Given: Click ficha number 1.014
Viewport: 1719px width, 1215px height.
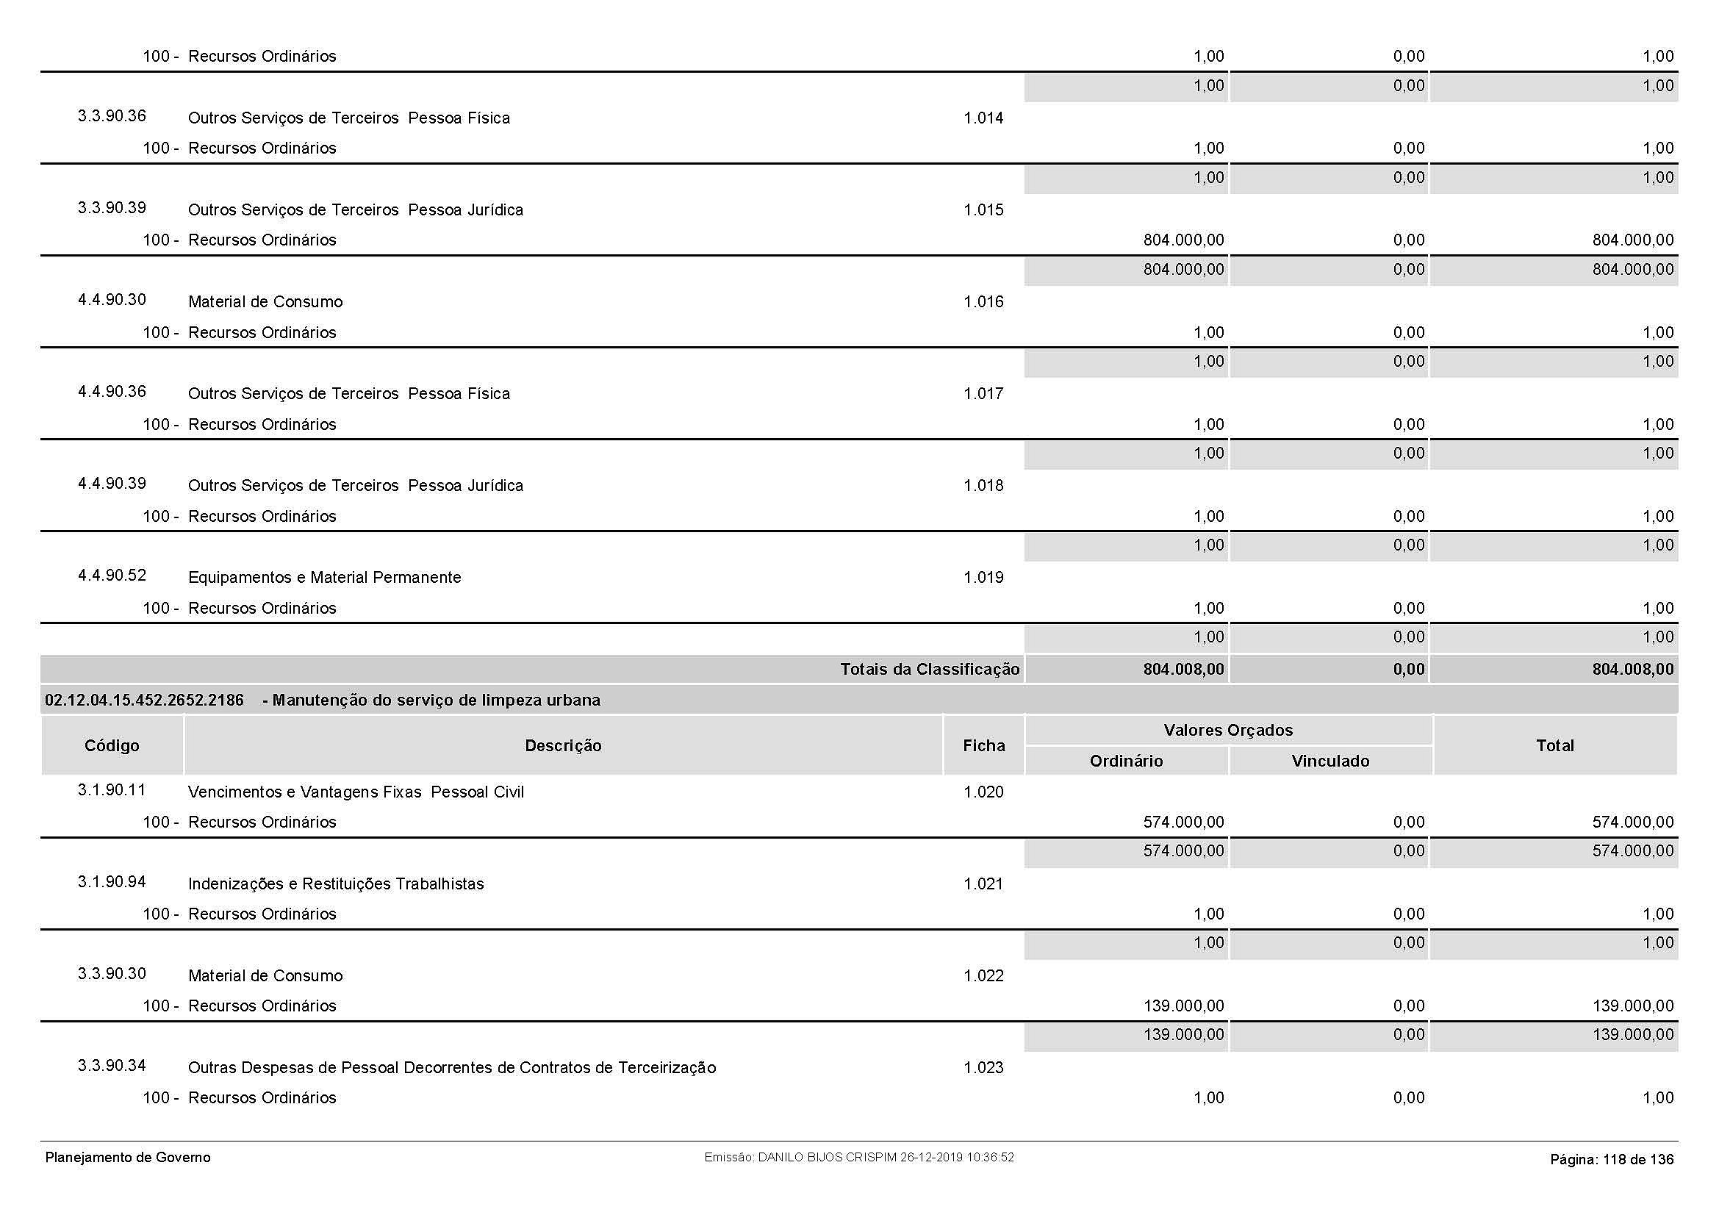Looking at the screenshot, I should (983, 118).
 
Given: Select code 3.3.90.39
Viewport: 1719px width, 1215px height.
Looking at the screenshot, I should (112, 208).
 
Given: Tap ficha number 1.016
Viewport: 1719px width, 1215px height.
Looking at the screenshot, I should (983, 302).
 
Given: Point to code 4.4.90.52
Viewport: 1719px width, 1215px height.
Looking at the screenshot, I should (112, 576).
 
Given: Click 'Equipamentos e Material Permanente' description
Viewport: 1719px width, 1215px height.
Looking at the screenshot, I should (324, 578).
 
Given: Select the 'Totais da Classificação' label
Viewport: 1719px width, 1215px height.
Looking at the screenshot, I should (929, 670).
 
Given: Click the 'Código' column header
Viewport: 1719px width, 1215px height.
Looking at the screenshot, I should (112, 745).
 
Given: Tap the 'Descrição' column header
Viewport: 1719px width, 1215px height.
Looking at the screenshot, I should (563, 745).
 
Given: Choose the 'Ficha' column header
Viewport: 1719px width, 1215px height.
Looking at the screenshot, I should (983, 745).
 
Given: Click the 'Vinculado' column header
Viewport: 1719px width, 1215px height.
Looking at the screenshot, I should (1329, 761).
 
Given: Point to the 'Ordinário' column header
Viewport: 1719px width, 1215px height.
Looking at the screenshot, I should (1126, 761).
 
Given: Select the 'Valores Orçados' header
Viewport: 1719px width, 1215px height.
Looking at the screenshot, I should (1228, 731).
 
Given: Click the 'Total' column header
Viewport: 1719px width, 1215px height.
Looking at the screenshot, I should (1554, 745).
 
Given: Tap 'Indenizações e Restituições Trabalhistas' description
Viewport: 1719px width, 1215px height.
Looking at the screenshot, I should (335, 884).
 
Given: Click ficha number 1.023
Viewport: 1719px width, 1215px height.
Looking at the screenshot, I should (983, 1068).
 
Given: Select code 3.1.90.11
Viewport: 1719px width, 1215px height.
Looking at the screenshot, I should (112, 791).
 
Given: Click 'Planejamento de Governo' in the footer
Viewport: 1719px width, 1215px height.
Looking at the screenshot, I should (128, 1158).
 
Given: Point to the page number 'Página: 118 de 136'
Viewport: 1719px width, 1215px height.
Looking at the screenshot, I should (1611, 1160).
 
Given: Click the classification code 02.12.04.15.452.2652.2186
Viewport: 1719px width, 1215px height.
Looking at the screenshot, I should (145, 700).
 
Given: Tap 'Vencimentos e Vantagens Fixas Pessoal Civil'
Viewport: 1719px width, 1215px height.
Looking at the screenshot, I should (356, 792).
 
